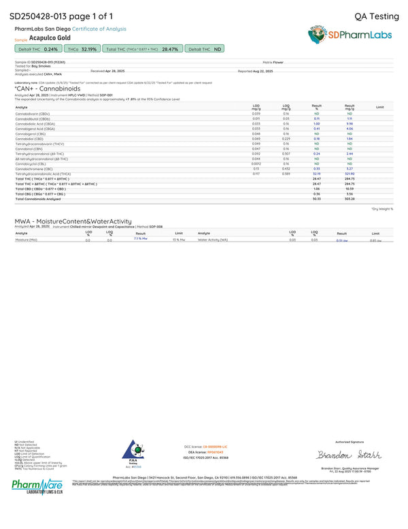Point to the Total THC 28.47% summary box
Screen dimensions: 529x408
(141, 50)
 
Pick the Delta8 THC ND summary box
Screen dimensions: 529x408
(205, 50)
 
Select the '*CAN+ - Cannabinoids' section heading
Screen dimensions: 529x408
(48, 89)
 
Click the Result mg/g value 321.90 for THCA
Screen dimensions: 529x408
(350, 174)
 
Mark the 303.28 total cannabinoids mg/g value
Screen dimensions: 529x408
(350, 199)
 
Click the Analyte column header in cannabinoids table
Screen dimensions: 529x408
(22, 108)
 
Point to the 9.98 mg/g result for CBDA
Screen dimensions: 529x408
(350, 123)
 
